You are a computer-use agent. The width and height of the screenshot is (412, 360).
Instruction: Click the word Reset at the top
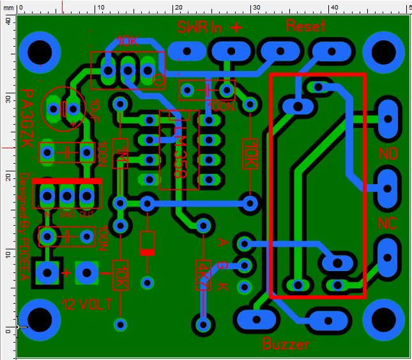tap(305, 26)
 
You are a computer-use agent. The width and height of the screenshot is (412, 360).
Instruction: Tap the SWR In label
tap(200, 27)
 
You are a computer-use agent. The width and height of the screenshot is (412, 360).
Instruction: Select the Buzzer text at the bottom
tap(286, 344)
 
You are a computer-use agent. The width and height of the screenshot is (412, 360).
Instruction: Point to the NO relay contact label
tap(388, 153)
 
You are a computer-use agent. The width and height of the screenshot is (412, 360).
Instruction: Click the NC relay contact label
tap(387, 223)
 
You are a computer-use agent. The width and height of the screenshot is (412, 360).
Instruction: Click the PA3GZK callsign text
tap(27, 118)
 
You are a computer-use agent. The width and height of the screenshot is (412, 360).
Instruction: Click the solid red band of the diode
tap(148, 252)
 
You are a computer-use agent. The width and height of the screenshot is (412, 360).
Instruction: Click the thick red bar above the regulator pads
tap(66, 182)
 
